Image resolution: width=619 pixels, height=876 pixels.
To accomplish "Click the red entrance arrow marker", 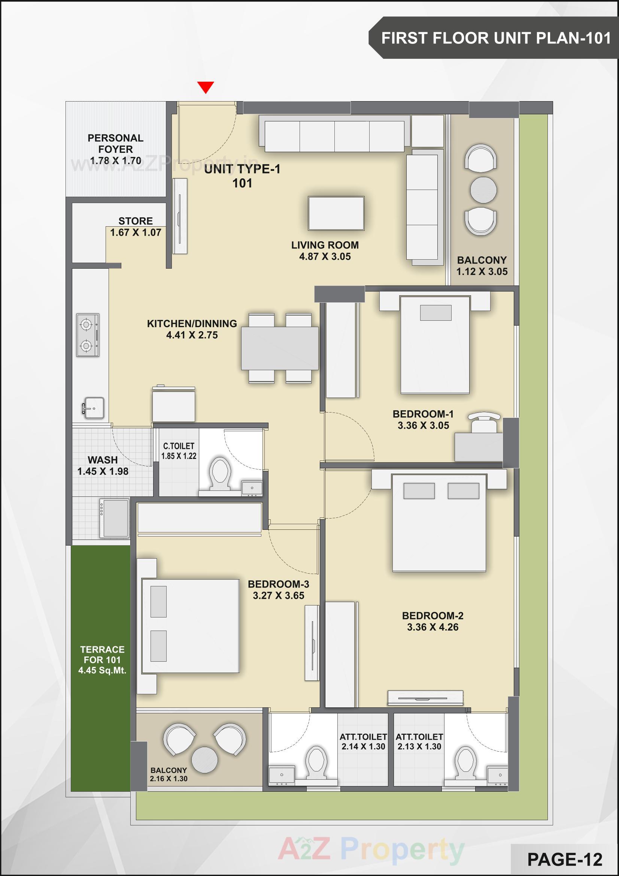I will pos(206,87).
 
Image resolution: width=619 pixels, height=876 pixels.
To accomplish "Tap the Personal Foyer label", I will pos(116,144).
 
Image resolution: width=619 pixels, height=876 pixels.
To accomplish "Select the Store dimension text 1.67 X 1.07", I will pos(136,232).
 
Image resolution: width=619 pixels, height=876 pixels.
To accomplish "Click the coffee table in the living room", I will pos(336,213).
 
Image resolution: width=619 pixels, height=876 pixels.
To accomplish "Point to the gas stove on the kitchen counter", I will pos(88,335).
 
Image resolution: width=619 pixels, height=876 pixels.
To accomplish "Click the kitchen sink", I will pos(94,408).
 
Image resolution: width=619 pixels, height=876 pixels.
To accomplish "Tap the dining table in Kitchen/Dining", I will pos(280,348).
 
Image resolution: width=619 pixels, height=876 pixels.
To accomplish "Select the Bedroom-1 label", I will pos(423,414).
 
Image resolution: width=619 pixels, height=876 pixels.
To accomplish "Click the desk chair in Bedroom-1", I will pos(484,422).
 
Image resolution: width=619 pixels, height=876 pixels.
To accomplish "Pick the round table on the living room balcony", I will pos(483,190).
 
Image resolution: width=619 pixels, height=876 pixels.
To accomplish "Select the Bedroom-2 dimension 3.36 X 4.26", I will pos(433,627).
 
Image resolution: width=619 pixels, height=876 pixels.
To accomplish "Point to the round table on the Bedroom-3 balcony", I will pos(204,759).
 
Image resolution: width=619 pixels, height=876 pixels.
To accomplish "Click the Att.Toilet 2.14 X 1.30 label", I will pos(363,742).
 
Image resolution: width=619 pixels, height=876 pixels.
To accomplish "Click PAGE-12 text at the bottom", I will pos(564,860).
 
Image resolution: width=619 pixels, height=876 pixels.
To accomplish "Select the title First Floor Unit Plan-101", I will pos(496,38).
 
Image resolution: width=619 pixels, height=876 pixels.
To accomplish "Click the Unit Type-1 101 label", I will pos(242,176).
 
